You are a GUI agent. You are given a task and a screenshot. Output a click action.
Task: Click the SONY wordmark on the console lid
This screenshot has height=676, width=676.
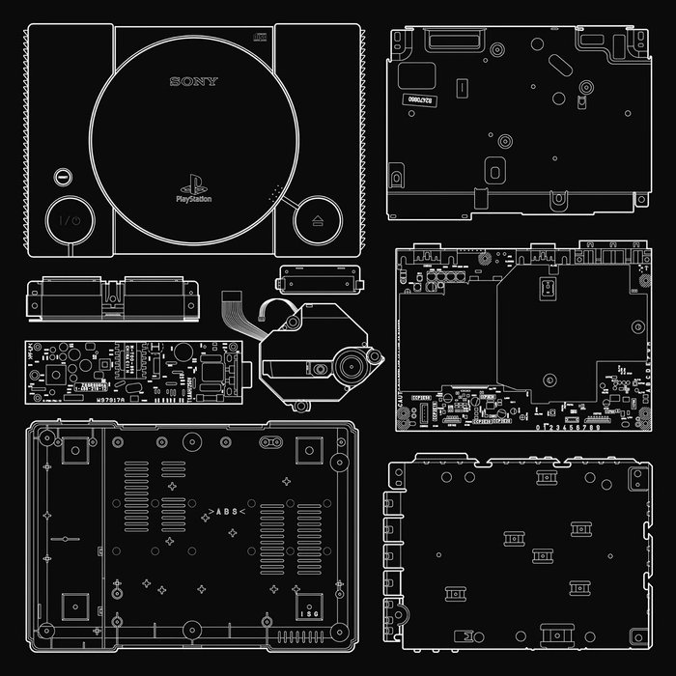click(194, 82)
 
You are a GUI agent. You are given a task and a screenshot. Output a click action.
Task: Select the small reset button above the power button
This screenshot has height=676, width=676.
click(62, 178)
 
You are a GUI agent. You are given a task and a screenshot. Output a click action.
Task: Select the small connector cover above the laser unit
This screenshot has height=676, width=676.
click(318, 280)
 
